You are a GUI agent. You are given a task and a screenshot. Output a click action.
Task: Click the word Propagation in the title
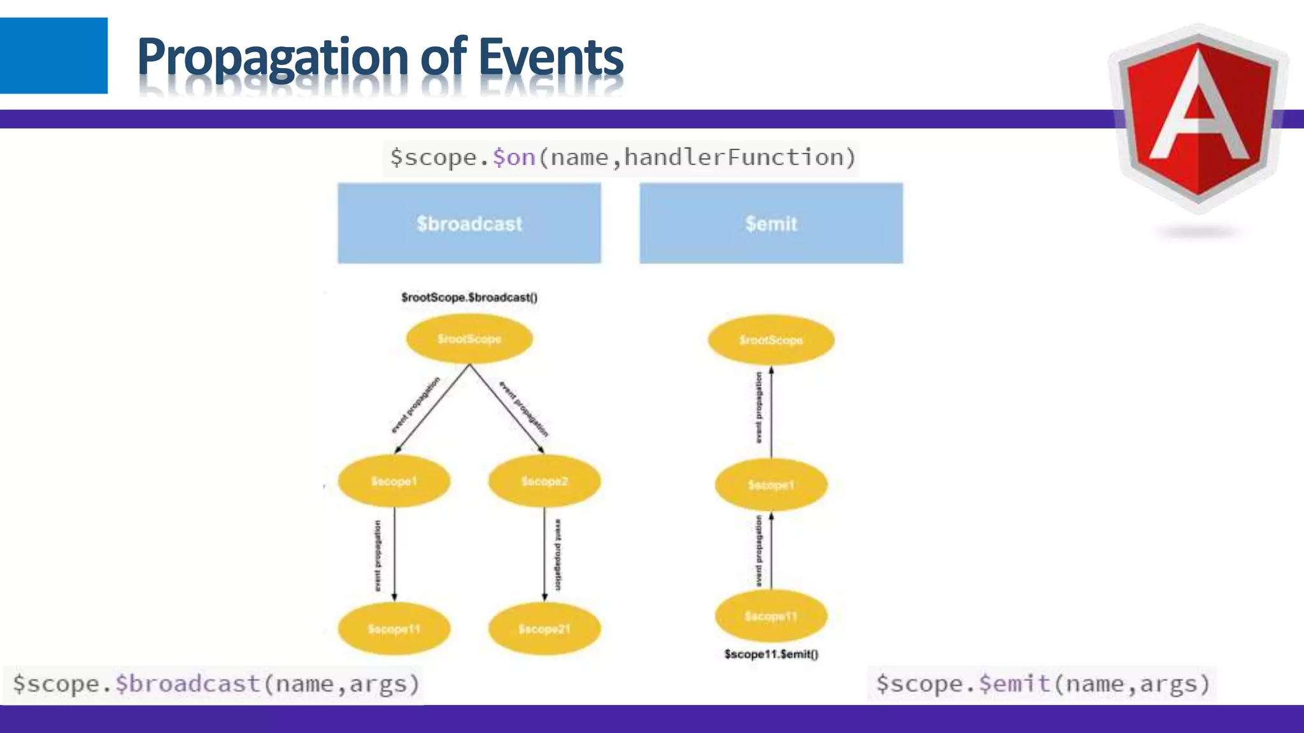273,57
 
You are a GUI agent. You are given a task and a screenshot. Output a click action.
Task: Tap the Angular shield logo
1198,118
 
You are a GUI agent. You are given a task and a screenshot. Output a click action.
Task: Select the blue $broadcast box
469,223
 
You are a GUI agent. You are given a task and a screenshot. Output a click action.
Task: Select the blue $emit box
771,223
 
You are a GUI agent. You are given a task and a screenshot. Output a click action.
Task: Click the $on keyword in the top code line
514,157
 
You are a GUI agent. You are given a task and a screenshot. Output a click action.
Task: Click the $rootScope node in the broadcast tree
469,339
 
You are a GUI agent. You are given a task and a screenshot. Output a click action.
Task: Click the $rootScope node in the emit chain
771,340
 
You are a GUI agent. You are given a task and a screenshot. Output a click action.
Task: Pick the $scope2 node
544,481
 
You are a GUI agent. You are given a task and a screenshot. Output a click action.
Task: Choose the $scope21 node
544,629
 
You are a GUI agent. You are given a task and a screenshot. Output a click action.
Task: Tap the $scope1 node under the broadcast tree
394,481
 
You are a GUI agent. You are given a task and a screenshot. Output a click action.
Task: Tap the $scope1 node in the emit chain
771,485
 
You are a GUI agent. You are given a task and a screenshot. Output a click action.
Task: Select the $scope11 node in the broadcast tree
394,629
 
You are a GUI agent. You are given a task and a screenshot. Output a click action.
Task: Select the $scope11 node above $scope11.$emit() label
771,616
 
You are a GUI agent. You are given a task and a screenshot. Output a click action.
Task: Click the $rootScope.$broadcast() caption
469,297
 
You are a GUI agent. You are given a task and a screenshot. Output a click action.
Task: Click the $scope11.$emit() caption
771,654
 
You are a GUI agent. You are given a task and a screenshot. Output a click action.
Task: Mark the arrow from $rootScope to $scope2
507,408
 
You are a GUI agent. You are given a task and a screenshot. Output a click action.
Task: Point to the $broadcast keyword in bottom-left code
188,684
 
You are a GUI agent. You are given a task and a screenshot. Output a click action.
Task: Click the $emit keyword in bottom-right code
1014,684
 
